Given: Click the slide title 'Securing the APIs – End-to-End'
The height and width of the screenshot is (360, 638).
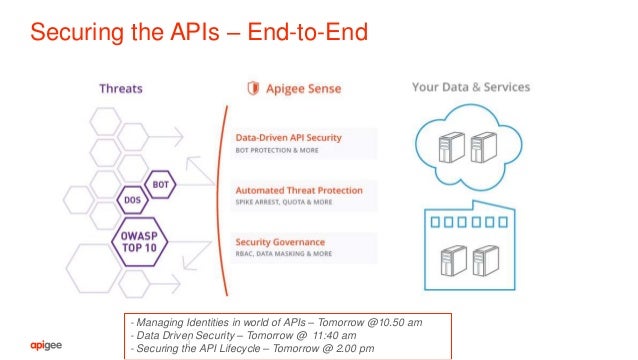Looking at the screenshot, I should click(x=199, y=33).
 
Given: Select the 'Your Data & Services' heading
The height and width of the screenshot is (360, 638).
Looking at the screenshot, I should click(x=471, y=88).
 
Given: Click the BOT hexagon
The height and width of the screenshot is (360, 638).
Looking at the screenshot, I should click(x=160, y=185).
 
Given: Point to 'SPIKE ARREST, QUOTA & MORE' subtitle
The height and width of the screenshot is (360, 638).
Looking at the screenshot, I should click(x=283, y=203).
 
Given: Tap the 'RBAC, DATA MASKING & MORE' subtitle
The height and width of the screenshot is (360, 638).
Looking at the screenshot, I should click(x=282, y=255).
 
